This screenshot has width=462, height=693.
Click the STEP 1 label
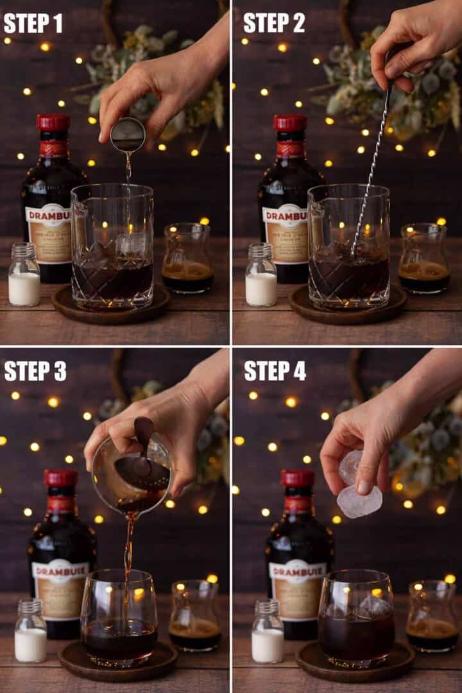point(33,23)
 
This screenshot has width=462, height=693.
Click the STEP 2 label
point(274,23)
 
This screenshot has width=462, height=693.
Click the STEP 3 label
point(35,371)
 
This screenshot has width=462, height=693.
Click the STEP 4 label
point(275,371)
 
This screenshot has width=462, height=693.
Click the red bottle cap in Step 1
point(53,123)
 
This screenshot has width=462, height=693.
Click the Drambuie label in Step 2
point(286,234)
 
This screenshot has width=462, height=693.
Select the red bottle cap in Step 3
point(61,478)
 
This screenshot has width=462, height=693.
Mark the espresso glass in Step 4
point(431,616)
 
